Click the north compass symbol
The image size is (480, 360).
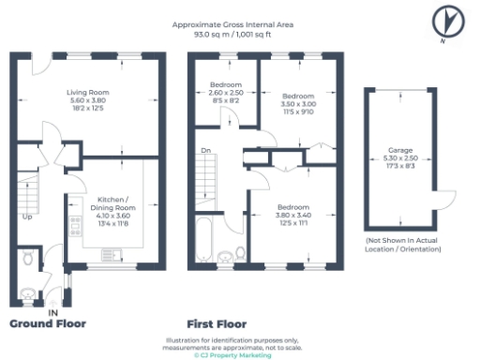pos(447,20)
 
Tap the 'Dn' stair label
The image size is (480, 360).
pos(203,150)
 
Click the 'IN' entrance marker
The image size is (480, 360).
pos(53,312)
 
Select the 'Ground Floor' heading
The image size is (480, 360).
pos(48,323)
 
